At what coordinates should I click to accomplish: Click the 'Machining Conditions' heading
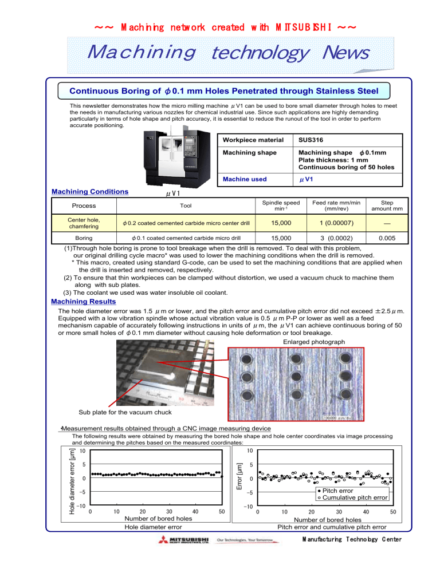coord(89,191)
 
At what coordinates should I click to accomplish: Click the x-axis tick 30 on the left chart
coord(169,511)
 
